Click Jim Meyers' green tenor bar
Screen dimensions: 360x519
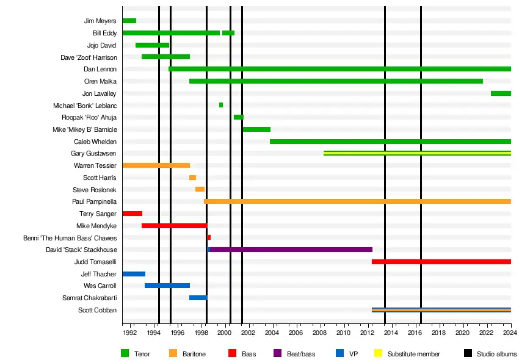pyautogui.click(x=129, y=21)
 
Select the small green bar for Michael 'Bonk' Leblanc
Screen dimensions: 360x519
pyautogui.click(x=221, y=105)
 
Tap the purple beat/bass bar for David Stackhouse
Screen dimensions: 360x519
pyautogui.click(x=291, y=250)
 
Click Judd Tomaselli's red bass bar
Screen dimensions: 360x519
pyautogui.click(x=441, y=262)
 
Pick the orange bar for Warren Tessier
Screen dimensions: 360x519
pyautogui.click(x=156, y=165)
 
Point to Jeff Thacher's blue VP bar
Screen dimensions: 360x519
pyautogui.click(x=134, y=274)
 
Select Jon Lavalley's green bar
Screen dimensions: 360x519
pyautogui.click(x=501, y=93)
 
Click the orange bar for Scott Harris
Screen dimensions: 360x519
pyautogui.click(x=192, y=178)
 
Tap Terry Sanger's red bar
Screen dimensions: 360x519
pyautogui.click(x=132, y=214)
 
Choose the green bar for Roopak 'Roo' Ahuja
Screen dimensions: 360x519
pyautogui.click(x=238, y=117)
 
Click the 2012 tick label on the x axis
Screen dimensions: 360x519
pyautogui.click(x=367, y=333)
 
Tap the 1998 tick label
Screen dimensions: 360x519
pyautogui.click(x=201, y=333)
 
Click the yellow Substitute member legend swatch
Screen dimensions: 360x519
pyautogui.click(x=377, y=353)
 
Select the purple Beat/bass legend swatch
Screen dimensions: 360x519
pyautogui.click(x=278, y=353)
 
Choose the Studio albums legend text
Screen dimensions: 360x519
pyautogui.click(x=496, y=354)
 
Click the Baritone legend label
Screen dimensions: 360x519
pyautogui.click(x=194, y=354)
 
